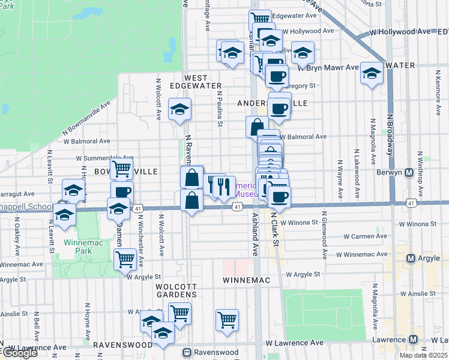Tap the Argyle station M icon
pos(411,259)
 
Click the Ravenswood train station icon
pos(187,352)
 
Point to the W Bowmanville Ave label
pos(86,118)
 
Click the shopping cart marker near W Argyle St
pos(124,259)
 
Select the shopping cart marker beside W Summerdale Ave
pos(121,169)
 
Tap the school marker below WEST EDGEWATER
pos(179,110)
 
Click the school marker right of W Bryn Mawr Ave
pos(372,74)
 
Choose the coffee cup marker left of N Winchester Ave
pos(122,192)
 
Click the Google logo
pos(19,353)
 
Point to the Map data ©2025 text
pos(424,355)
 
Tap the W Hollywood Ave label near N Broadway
pos(400,31)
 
